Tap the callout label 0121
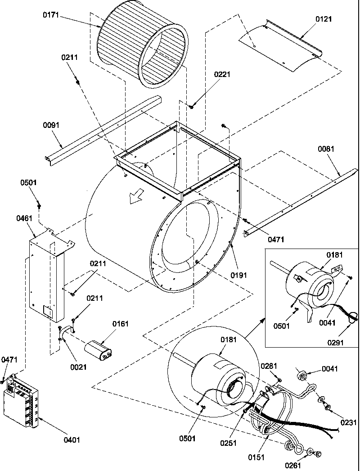pos(311,20)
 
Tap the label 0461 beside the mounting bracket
pos(24,218)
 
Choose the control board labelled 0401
pos(20,401)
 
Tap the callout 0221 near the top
pos(222,74)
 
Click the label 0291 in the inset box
pos(335,342)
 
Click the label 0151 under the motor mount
pos(256,457)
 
